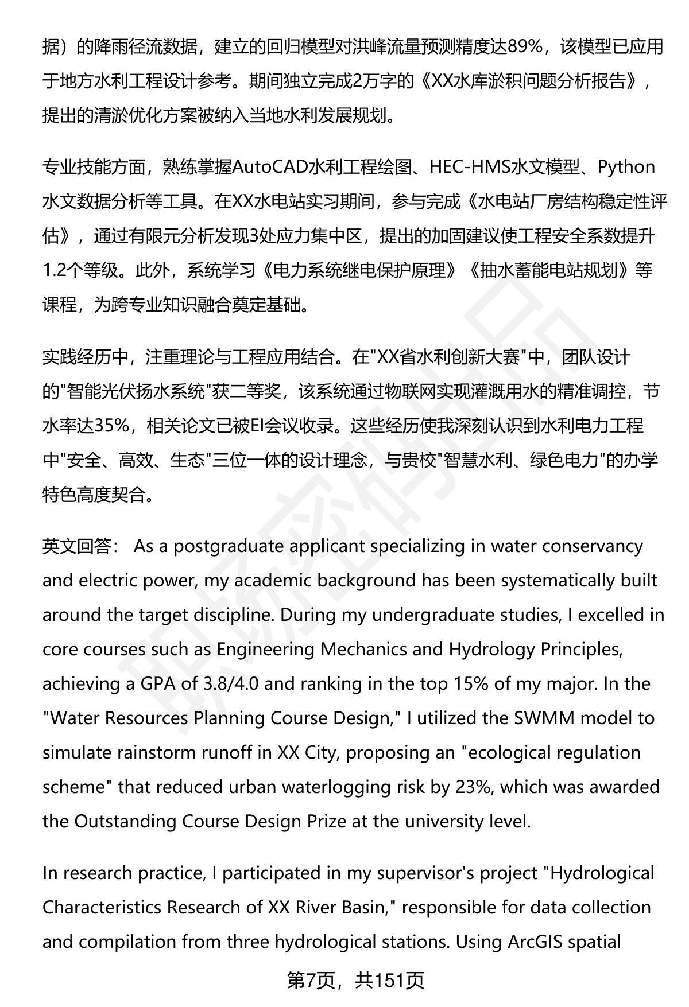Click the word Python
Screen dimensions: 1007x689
pyautogui.click(x=626, y=167)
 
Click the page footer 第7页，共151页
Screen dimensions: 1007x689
pyautogui.click(x=355, y=981)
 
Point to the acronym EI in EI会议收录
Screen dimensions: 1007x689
pyautogui.click(x=260, y=426)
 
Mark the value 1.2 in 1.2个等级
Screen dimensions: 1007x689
pyautogui.click(x=56, y=270)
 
